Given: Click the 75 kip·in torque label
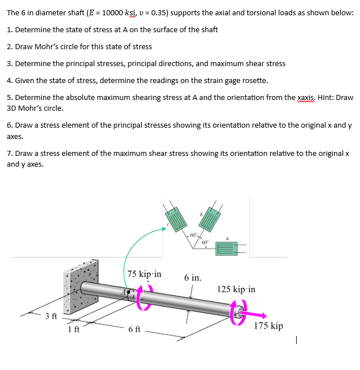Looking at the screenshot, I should click(144, 274).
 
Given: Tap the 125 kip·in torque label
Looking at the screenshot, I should click(236, 289).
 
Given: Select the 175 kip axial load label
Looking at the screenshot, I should click(268, 326).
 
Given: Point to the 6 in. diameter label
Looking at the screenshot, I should click(193, 278).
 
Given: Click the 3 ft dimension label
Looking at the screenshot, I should click(51, 315).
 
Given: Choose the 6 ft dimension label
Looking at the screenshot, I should click(135, 329).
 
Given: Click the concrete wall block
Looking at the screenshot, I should click(80, 289).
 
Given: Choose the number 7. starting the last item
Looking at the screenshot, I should click(10, 154).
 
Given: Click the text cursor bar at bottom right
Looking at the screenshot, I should click(297, 340).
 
